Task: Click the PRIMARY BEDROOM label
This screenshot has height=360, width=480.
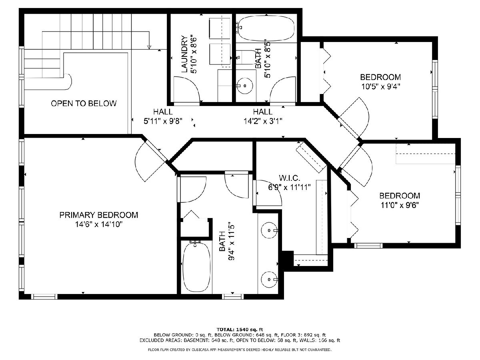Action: (99, 215)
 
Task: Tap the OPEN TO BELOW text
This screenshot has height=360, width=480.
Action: (84, 103)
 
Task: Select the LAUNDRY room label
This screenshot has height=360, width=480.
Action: (184, 54)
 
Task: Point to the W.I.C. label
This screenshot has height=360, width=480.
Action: (289, 178)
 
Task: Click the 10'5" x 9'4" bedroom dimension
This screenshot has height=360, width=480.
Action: (381, 87)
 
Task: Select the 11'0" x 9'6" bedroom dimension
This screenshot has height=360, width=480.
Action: (400, 205)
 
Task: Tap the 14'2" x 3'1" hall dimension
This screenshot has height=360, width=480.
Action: (263, 121)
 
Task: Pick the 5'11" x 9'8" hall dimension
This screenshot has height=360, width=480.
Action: (163, 121)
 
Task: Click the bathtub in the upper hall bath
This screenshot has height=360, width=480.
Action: (266, 29)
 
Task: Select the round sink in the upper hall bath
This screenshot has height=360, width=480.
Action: (245, 86)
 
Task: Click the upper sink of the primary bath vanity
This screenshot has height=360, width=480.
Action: (269, 230)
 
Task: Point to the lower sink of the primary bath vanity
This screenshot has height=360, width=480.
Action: (269, 279)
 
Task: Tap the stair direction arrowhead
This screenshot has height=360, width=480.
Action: (149, 47)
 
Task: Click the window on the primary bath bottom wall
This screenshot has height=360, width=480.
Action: (233, 297)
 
